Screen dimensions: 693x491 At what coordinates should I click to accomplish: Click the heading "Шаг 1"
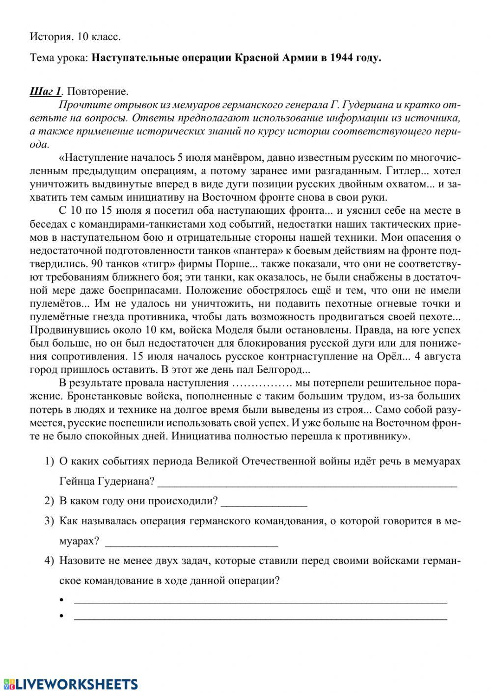coord(45,92)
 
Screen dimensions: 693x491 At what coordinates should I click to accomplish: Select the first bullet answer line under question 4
coord(260,601)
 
